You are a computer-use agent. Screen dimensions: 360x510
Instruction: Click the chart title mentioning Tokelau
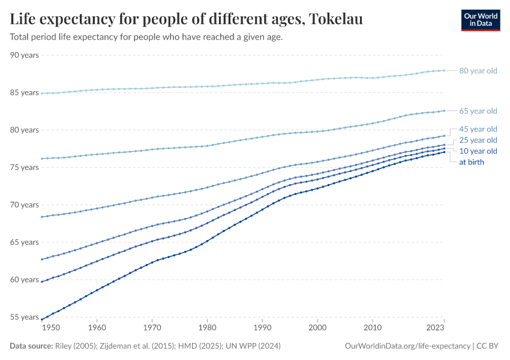click(186, 20)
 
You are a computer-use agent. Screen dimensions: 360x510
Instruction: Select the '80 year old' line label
click(478, 71)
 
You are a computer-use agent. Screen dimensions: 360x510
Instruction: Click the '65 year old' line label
click(478, 111)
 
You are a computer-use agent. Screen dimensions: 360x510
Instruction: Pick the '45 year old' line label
click(478, 129)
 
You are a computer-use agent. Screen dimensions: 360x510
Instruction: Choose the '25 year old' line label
click(478, 140)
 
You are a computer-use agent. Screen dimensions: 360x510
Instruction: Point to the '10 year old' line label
click(478, 151)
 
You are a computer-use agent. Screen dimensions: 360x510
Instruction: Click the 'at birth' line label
click(471, 162)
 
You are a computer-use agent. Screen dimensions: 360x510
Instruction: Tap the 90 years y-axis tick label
click(24, 55)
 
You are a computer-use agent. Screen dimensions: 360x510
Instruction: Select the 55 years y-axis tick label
click(24, 317)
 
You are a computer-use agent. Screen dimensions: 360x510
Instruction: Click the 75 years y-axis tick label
click(24, 167)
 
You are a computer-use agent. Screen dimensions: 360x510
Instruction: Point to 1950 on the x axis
click(51, 328)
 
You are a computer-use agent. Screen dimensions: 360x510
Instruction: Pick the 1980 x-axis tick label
click(207, 328)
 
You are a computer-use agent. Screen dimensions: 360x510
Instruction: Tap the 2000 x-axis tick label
click(317, 328)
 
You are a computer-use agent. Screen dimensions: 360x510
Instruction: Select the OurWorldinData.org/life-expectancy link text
click(408, 346)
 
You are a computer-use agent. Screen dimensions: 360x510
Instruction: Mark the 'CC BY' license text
click(489, 346)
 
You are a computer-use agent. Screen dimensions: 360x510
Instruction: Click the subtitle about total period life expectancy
click(146, 37)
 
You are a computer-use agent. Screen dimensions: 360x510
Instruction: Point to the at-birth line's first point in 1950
click(41, 319)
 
